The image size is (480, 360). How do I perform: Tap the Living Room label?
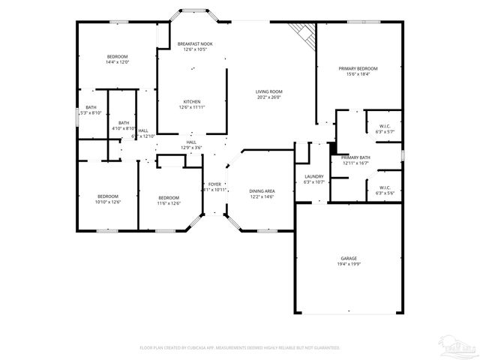269,91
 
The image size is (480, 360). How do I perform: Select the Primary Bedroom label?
358,68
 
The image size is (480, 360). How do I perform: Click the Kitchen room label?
192,102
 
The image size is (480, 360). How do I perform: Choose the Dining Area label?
262,191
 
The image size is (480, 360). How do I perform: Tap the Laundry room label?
314,176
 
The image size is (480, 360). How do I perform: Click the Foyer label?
214,184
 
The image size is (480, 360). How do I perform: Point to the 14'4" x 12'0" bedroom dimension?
117,62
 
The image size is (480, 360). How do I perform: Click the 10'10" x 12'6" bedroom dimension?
108,202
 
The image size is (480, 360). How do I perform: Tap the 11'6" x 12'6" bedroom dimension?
169,202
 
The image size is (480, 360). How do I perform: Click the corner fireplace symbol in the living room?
302,31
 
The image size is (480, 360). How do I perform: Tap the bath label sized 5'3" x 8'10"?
91,112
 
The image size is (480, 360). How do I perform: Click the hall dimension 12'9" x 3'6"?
191,148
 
